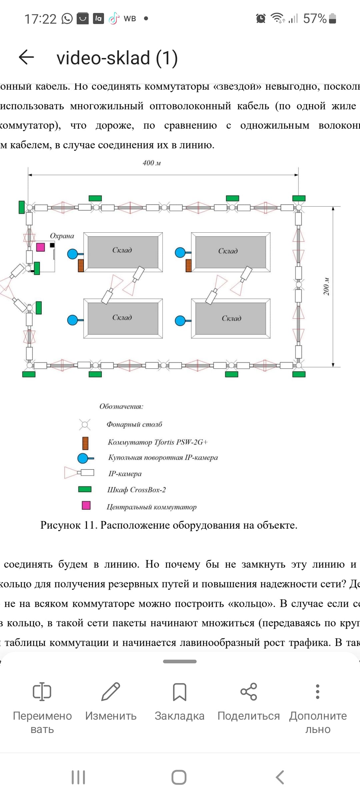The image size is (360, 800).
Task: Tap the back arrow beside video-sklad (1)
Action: (27, 57)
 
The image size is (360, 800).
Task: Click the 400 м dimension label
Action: (152, 163)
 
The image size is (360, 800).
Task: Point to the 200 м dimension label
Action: (326, 286)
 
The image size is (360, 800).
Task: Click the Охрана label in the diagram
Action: (62, 236)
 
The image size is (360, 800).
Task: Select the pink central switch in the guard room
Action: (40, 247)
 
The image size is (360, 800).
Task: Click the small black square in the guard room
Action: (52, 245)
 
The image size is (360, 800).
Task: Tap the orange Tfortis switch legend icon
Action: (85, 443)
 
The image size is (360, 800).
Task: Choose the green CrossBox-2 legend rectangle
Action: (85, 489)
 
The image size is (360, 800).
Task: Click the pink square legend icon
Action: (86, 505)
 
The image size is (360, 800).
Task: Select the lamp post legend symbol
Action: (85, 425)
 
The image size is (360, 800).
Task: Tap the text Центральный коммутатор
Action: (151, 507)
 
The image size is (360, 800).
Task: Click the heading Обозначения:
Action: (121, 406)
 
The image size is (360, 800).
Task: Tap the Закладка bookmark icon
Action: (179, 692)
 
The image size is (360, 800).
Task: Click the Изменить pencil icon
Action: (111, 692)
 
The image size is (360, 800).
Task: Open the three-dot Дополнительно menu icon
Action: (318, 692)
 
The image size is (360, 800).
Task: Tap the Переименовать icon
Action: (42, 692)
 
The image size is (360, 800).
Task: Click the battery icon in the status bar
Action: (332, 18)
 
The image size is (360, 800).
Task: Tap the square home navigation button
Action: (179, 777)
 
